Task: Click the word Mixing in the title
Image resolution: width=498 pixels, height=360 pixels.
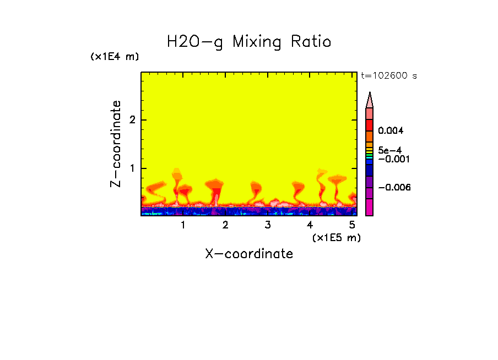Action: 256,42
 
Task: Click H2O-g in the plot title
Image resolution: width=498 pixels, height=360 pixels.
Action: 195,42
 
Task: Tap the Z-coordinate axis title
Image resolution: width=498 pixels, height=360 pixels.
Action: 116,144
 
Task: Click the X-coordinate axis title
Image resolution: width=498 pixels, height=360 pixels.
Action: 249,254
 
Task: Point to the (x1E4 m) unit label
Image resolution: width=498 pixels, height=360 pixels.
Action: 115,57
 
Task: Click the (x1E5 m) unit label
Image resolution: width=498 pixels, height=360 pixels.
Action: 336,237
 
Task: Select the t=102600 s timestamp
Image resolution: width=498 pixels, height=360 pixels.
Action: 388,76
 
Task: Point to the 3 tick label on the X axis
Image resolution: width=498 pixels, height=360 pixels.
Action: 267,225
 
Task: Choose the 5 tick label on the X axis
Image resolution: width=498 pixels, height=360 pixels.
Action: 352,225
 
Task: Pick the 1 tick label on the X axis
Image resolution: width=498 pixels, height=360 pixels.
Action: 183,225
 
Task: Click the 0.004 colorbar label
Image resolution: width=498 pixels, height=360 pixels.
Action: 391,131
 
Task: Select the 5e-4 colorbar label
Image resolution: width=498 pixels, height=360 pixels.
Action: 389,150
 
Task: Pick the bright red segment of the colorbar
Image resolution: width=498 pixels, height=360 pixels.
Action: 370,124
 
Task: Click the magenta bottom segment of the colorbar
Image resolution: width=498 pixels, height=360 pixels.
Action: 370,208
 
